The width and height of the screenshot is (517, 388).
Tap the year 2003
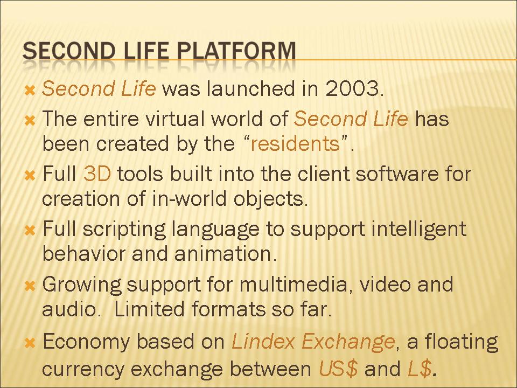click(x=354, y=88)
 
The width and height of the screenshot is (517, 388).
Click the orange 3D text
click(x=97, y=174)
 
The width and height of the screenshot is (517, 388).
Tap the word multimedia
click(x=294, y=285)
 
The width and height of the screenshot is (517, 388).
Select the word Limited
click(x=149, y=309)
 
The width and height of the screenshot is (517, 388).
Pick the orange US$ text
click(x=338, y=369)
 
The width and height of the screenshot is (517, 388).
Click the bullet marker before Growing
click(x=30, y=286)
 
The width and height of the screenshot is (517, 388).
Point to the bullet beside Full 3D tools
click(x=30, y=175)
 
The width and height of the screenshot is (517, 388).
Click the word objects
click(x=270, y=200)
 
